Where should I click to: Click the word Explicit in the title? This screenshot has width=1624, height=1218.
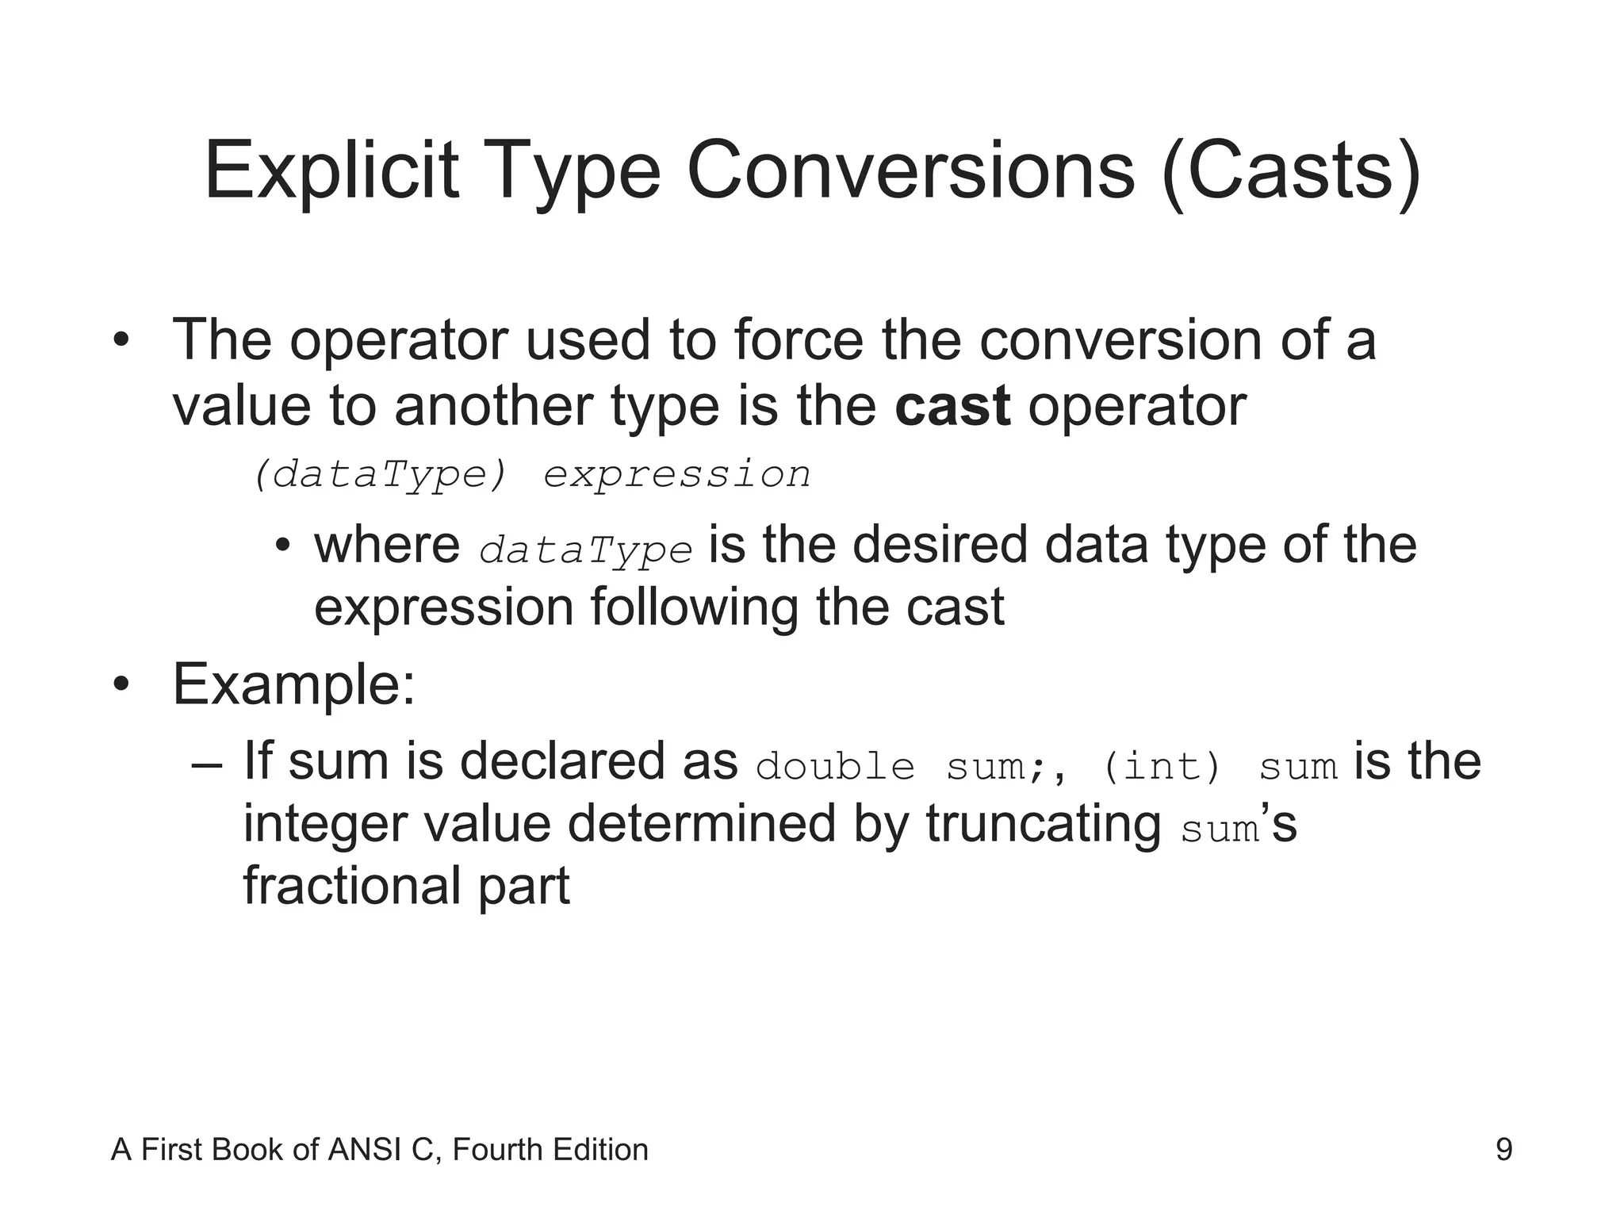(331, 172)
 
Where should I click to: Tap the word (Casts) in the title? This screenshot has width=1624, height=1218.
(1290, 172)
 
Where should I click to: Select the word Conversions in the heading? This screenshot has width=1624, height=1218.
(910, 172)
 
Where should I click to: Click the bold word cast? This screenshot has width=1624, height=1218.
(952, 406)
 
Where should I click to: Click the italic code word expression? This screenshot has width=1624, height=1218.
(677, 475)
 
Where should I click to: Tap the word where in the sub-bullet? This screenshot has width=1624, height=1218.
(387, 546)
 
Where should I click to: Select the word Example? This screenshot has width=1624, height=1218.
(293, 684)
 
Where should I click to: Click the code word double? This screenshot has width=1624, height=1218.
(836, 767)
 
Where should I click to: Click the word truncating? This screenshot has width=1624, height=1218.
(1044, 824)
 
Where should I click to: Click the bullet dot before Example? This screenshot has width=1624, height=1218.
(120, 685)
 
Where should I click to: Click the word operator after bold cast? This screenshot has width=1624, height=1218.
(1137, 406)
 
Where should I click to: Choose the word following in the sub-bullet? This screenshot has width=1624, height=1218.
(694, 607)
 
